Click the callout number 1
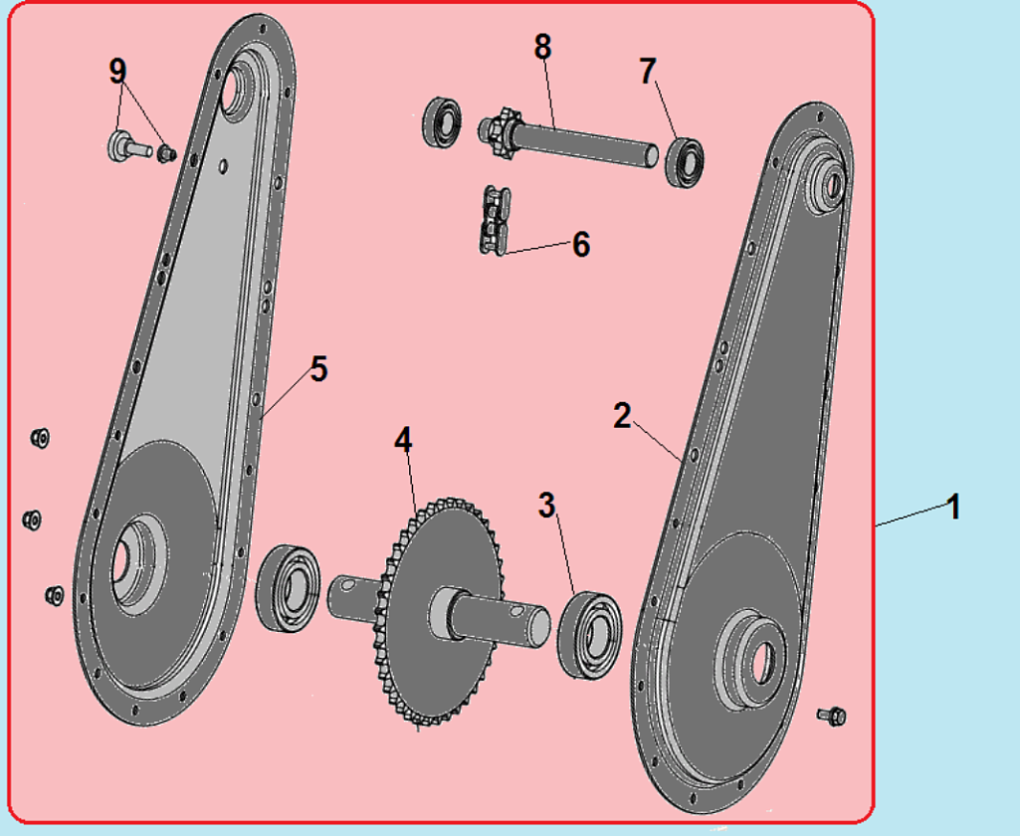(x=953, y=507)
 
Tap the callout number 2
(x=622, y=416)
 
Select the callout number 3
(x=547, y=505)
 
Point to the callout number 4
(x=403, y=440)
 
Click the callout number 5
(x=318, y=369)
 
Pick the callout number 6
(x=581, y=245)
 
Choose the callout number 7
(x=647, y=71)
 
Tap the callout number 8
(x=543, y=47)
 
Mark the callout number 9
(x=117, y=71)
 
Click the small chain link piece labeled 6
(x=495, y=221)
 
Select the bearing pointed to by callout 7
(x=685, y=162)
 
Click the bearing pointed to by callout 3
(x=589, y=635)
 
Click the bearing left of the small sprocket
(x=443, y=121)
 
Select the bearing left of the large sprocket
(x=288, y=588)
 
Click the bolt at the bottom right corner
(x=831, y=716)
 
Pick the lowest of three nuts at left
(x=54, y=594)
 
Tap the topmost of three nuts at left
(x=40, y=437)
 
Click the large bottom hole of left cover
(x=121, y=562)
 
